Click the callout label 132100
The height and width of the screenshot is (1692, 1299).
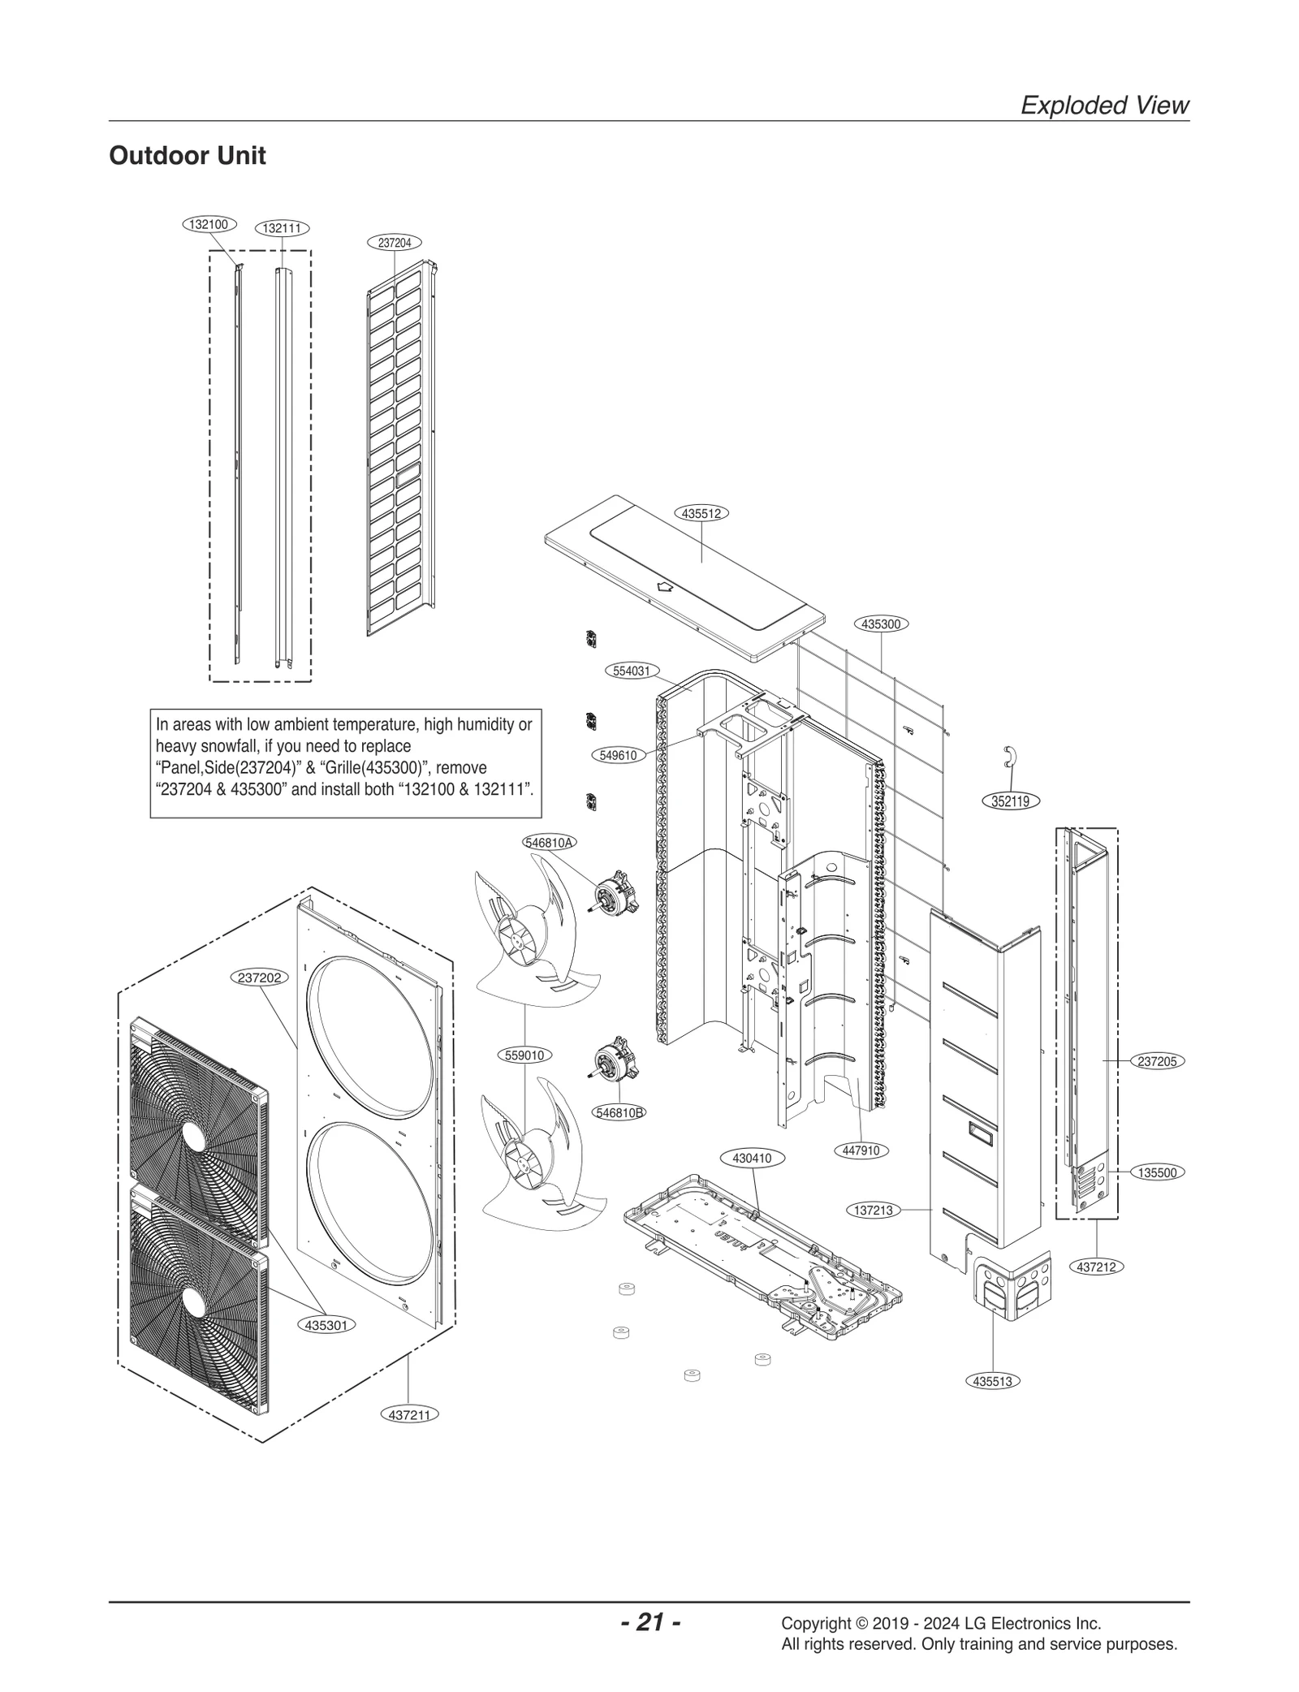[209, 224]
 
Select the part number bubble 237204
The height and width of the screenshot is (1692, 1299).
[395, 242]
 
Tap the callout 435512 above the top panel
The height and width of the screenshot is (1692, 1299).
[701, 513]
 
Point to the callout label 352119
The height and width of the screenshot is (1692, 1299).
[1010, 801]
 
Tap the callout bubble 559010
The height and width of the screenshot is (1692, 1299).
[524, 1055]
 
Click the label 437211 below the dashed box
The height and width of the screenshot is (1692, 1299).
[409, 1414]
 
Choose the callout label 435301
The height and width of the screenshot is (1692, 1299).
[326, 1325]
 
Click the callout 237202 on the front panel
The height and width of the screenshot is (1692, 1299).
[259, 978]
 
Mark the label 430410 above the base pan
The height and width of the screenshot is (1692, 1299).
[752, 1159]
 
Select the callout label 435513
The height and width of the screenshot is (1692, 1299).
[992, 1381]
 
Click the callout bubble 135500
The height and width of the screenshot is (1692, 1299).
[1157, 1172]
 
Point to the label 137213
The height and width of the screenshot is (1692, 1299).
[874, 1210]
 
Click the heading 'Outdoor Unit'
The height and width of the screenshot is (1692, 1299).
[187, 155]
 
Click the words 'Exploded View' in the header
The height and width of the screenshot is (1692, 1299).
[1104, 105]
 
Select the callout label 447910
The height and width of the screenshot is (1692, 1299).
[861, 1150]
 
